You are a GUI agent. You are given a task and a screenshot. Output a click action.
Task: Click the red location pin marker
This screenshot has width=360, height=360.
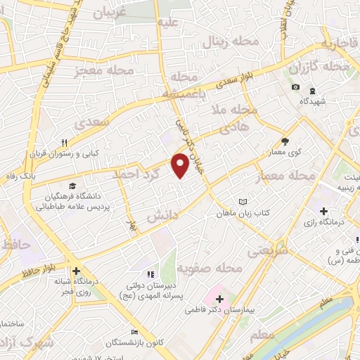click(181, 165)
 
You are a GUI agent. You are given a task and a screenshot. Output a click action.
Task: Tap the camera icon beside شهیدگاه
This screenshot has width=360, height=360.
click(295, 87)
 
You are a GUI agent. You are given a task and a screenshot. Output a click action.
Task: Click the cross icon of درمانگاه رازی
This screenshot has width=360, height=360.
click(323, 210)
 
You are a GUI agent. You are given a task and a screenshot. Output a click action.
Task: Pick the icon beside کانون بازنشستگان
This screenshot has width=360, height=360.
click(134, 333)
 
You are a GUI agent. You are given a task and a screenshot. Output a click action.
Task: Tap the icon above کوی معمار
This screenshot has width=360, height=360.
click(285, 141)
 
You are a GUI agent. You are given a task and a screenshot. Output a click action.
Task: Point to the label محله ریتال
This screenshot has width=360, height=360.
click(231, 42)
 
